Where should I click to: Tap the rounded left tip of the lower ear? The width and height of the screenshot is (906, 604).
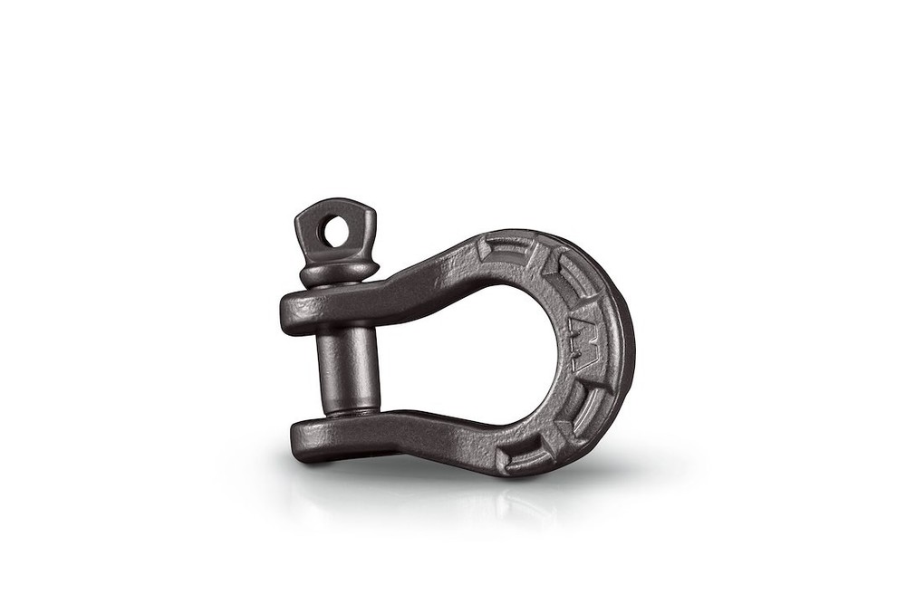(x=297, y=439)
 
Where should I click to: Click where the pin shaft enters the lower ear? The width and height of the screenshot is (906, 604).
(x=349, y=412)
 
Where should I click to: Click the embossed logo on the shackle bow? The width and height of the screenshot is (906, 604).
(x=583, y=349)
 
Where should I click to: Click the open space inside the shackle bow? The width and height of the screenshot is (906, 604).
(x=489, y=353)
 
